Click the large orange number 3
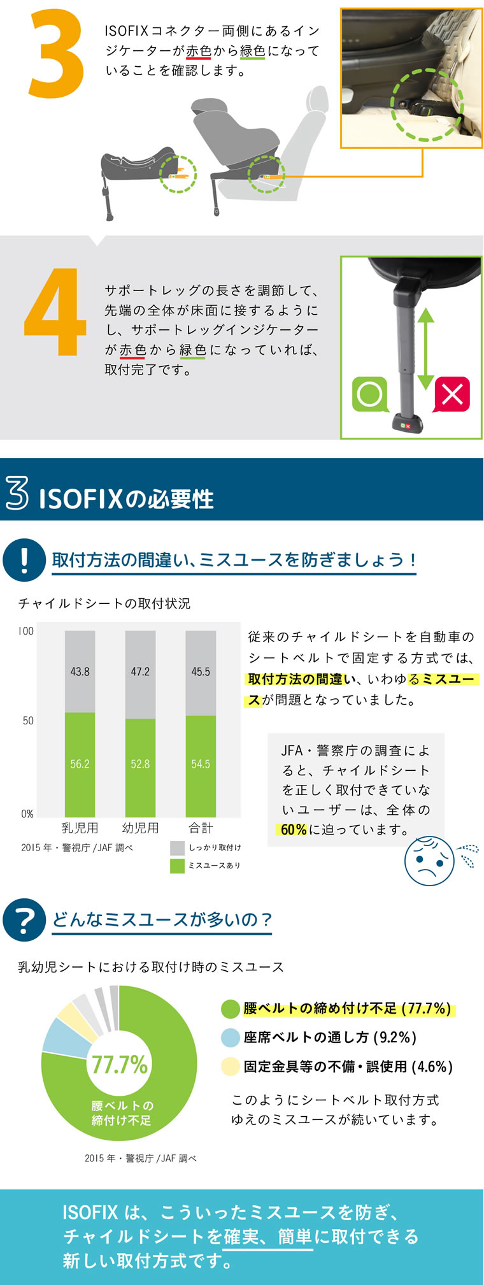[x=56, y=54]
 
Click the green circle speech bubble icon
[x=369, y=394]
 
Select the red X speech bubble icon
[x=452, y=394]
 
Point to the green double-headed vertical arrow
[x=425, y=349]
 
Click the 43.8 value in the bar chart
[x=80, y=671]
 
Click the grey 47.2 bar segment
[x=140, y=672]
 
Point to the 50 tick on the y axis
[x=28, y=721]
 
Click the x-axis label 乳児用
[x=80, y=828]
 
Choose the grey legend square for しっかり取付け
[x=177, y=848]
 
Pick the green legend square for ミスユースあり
[x=177, y=866]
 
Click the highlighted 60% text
[x=294, y=829]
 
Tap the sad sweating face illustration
[x=430, y=861]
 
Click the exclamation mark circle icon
[x=24, y=560]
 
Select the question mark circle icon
[x=24, y=920]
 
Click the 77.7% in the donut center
[x=119, y=1065]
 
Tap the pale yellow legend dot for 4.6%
[x=230, y=1066]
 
